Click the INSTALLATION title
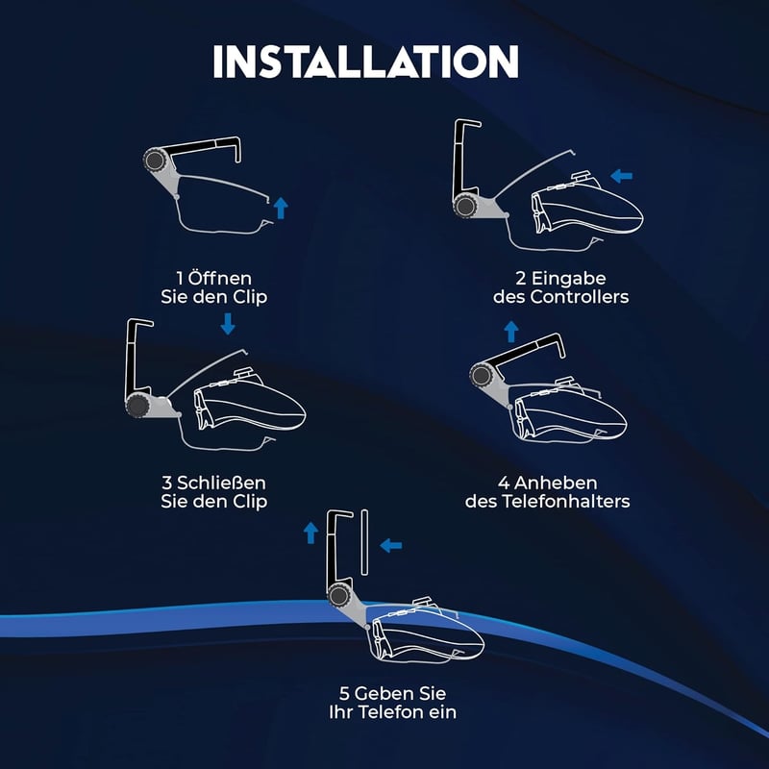tap(366, 62)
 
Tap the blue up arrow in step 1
tap(281, 208)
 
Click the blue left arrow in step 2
tap(621, 176)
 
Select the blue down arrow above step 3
tap(228, 324)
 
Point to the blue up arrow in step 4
tap(511, 332)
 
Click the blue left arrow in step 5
tap(391, 545)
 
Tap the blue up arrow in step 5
tap(310, 533)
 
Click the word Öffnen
tap(220, 278)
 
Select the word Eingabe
tap(568, 279)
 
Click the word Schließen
tap(221, 484)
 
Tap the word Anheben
tap(556, 484)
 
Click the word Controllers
tap(580, 297)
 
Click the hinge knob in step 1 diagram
tap(155, 160)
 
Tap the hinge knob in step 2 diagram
tap(464, 206)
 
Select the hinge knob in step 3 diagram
tap(137, 406)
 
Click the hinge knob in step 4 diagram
tap(482, 376)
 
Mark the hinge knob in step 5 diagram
tap(338, 596)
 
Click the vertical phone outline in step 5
tap(364, 542)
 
